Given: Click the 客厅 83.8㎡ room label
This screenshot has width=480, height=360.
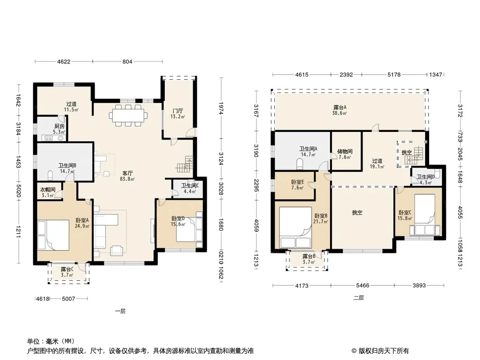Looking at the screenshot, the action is click(x=127, y=176).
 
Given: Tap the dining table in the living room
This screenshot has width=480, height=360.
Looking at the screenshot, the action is click(x=128, y=116).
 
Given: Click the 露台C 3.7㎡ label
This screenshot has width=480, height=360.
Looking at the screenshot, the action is click(x=67, y=272).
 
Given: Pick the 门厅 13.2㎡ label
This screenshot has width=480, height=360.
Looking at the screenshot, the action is click(x=177, y=113).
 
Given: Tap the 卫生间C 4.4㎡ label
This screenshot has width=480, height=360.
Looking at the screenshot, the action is click(x=190, y=189).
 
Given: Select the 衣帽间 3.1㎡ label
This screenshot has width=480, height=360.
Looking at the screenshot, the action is click(x=48, y=193).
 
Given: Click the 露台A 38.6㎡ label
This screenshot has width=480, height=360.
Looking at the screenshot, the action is click(x=340, y=110).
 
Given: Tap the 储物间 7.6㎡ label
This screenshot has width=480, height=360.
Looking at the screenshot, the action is click(x=345, y=154).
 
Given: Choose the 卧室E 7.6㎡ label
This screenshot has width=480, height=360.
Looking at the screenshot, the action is click(x=297, y=185).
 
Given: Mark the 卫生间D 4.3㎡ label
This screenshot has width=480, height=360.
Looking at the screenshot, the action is click(x=426, y=180).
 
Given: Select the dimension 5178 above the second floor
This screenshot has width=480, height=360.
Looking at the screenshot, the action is click(x=394, y=75).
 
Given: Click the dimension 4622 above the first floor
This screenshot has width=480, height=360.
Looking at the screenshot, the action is click(x=63, y=62).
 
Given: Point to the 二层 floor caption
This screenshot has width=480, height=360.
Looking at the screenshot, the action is click(x=358, y=297).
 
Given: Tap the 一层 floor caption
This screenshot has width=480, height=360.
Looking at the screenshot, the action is click(x=120, y=311).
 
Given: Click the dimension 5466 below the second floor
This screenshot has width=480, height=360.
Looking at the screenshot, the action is click(x=362, y=286).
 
